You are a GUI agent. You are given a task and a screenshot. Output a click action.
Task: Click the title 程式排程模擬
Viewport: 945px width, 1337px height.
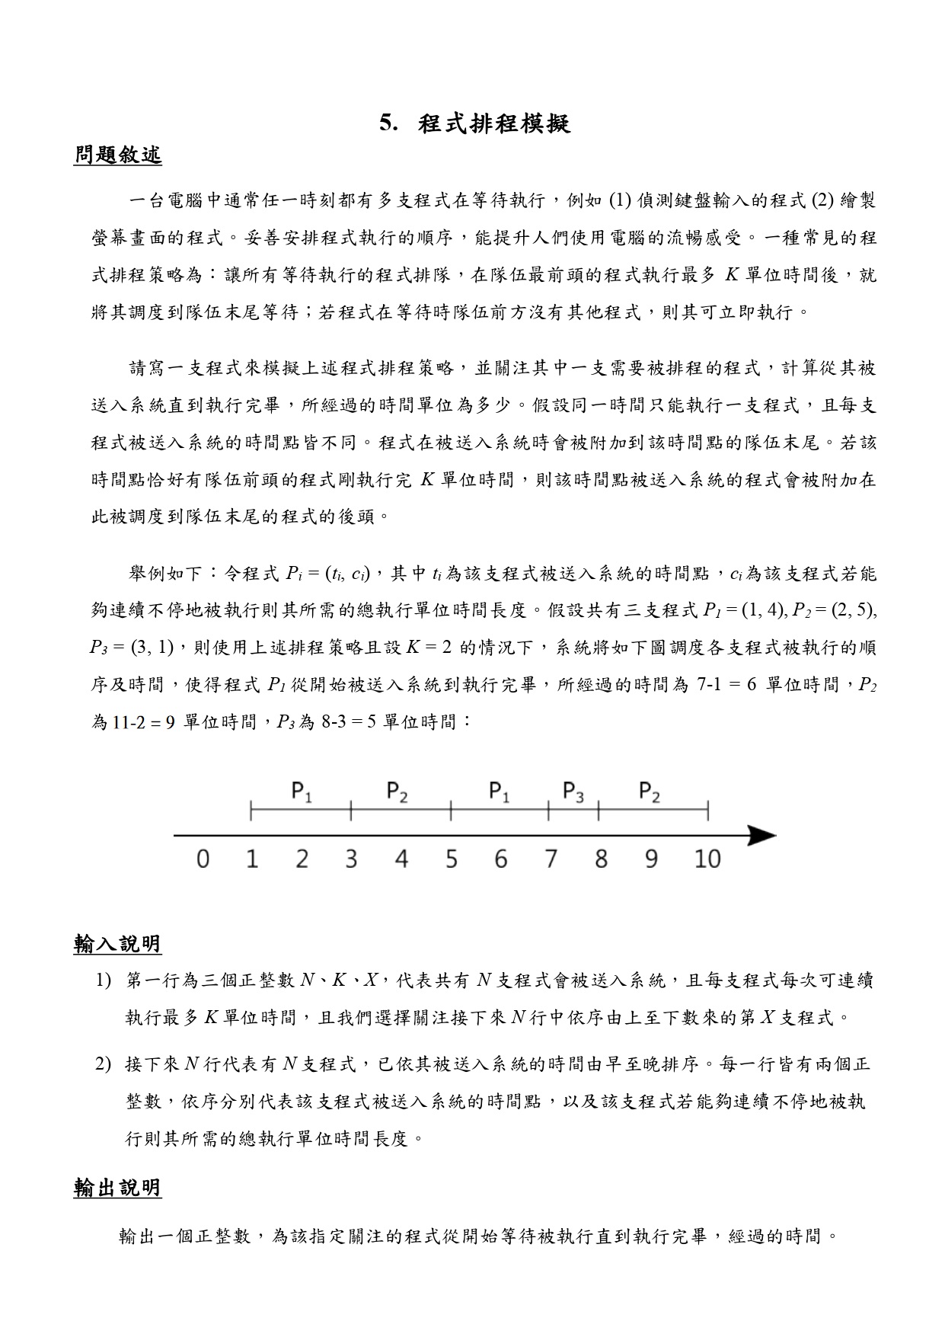(493, 123)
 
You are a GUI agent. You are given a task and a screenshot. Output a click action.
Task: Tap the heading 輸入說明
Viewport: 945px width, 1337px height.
(117, 945)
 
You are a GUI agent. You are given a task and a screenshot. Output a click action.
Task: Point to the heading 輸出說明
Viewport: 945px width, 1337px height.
(117, 1188)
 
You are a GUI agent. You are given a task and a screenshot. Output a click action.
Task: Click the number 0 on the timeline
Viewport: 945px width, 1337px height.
(203, 859)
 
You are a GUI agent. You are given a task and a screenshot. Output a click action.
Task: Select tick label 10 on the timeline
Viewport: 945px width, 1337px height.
(707, 859)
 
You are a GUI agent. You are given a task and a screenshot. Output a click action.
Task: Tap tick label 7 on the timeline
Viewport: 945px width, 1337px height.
(551, 859)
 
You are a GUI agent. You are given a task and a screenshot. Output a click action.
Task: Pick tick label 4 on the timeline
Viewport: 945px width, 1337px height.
(401, 859)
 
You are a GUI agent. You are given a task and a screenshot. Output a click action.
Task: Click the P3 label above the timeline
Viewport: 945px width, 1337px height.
(573, 792)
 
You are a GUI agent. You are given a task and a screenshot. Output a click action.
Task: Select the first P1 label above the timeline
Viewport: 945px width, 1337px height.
(302, 792)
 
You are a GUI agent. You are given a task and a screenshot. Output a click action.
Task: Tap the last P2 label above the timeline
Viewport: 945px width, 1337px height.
(649, 792)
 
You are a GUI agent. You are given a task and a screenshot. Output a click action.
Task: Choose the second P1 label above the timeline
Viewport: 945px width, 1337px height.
(499, 792)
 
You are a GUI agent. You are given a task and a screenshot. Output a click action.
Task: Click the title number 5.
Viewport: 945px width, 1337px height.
(388, 123)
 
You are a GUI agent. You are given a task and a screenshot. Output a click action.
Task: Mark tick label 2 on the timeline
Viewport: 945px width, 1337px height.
(302, 859)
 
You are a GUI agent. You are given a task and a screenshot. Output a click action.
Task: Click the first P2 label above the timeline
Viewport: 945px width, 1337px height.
(397, 792)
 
